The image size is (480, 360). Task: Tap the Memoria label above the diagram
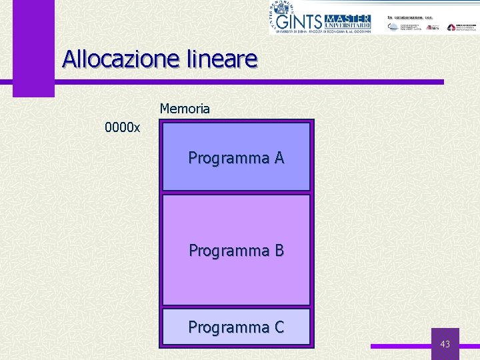tap(185, 109)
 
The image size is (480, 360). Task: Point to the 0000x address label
tap(122, 127)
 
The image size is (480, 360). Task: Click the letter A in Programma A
tap(279, 158)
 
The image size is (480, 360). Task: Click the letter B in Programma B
tap(279, 251)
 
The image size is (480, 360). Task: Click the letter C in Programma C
tap(279, 327)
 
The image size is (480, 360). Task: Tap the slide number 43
tap(445, 344)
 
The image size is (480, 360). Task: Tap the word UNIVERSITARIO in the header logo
tap(351, 25)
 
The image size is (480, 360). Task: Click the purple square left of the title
tap(33, 67)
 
